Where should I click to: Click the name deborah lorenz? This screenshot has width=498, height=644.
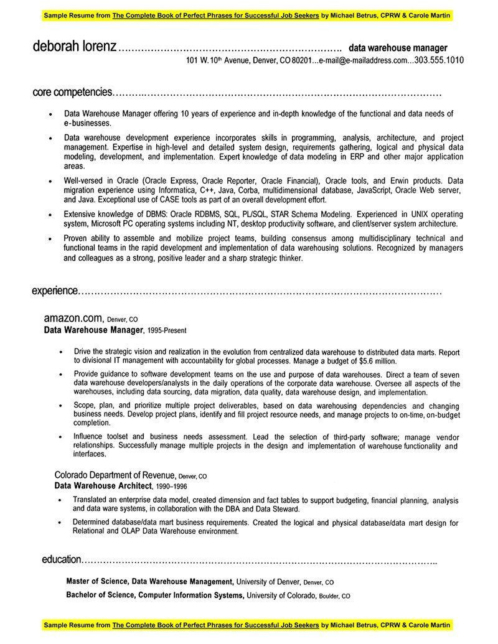point(74,47)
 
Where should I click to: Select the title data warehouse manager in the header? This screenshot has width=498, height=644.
point(398,47)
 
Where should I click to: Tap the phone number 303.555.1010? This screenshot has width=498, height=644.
point(439,60)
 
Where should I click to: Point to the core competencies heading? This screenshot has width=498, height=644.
point(72,92)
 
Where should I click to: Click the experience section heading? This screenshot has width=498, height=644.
point(55,291)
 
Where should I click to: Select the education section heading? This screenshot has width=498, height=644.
point(62,559)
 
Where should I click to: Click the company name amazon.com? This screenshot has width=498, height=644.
point(72,318)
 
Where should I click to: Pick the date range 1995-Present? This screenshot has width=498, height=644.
point(167,330)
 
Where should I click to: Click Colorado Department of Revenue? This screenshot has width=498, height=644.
point(115,475)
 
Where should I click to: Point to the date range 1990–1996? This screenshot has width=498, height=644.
point(171,486)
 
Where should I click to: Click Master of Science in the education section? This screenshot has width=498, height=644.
point(97,582)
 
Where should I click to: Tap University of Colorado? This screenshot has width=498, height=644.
point(281,595)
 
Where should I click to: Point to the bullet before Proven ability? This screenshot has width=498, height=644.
point(50,239)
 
